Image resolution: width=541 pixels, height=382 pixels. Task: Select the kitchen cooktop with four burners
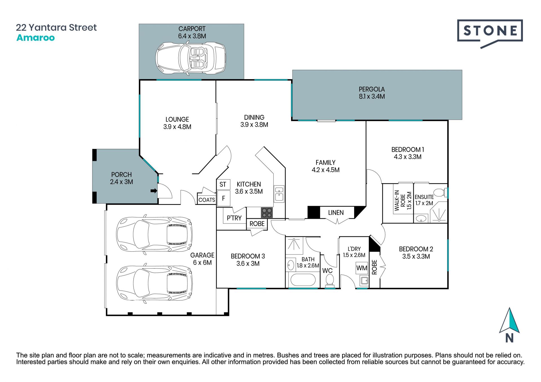click(267, 213)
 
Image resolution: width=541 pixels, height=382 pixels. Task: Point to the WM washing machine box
click(362, 268)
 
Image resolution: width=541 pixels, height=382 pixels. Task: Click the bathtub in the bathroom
click(303, 280)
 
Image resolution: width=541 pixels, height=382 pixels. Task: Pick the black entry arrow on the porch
click(154, 191)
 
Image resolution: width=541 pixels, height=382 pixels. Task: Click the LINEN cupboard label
click(336, 213)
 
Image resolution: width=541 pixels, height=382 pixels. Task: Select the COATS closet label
click(207, 200)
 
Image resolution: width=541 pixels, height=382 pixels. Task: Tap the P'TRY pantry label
click(234, 218)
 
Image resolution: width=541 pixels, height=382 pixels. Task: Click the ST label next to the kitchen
click(223, 184)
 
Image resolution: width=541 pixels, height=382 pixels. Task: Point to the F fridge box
click(223, 198)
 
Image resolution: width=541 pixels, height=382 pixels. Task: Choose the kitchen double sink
click(279, 194)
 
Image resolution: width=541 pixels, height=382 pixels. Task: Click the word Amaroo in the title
click(36, 38)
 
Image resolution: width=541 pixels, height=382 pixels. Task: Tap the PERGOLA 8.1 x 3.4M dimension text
click(372, 96)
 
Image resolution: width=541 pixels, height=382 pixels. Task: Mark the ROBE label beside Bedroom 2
click(374, 267)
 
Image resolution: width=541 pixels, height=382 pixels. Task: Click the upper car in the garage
click(154, 234)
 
